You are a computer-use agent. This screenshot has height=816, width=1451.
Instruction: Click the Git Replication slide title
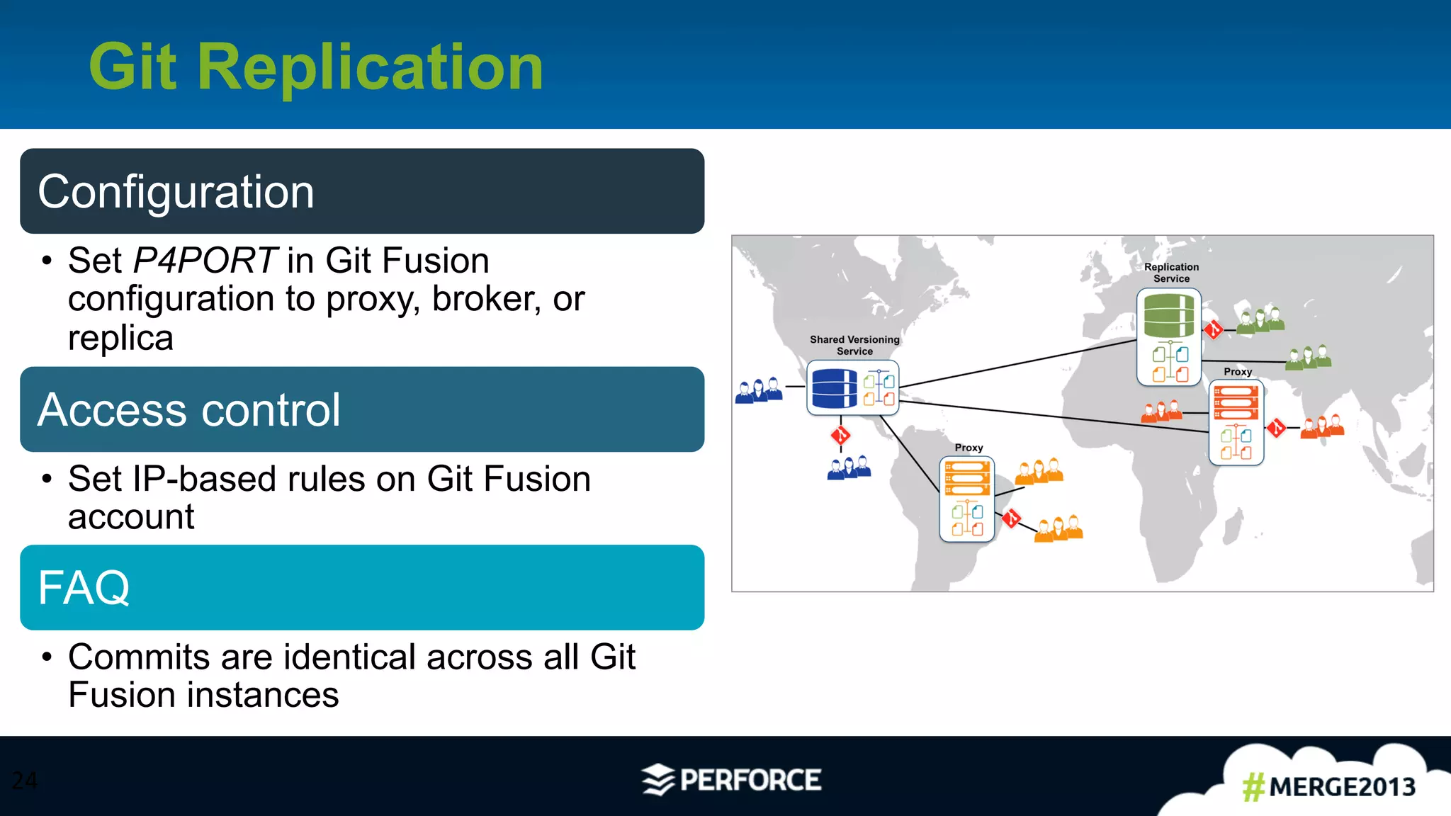tap(316, 67)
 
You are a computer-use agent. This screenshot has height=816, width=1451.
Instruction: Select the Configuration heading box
tap(362, 191)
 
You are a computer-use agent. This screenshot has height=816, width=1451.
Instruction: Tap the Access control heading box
tap(362, 409)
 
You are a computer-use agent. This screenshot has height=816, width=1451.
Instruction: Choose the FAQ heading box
tap(362, 587)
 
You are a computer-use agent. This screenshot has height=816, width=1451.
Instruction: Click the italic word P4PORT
tap(204, 261)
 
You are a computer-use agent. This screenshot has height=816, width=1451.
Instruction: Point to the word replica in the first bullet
tap(120, 338)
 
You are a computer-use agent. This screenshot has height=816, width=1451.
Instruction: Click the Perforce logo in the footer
tap(731, 780)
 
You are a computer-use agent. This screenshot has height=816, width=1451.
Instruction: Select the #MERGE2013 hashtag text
tap(1329, 787)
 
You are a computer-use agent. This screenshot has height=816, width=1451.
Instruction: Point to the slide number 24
tap(25, 781)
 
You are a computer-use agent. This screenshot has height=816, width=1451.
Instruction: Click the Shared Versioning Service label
tap(854, 345)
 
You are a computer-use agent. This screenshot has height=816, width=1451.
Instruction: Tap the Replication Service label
tap(1171, 273)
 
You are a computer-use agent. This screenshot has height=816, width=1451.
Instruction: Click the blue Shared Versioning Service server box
tap(853, 388)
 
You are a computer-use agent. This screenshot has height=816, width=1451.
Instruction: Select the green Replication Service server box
tap(1169, 337)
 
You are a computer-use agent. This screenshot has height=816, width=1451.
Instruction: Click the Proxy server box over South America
tap(967, 499)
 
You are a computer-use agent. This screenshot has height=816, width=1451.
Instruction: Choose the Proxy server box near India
tap(1236, 422)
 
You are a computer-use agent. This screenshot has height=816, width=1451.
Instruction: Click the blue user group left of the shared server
tap(759, 390)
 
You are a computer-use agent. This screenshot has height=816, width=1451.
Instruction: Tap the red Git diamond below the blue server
tap(840, 435)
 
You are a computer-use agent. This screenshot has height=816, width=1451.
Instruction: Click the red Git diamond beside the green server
tap(1214, 329)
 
